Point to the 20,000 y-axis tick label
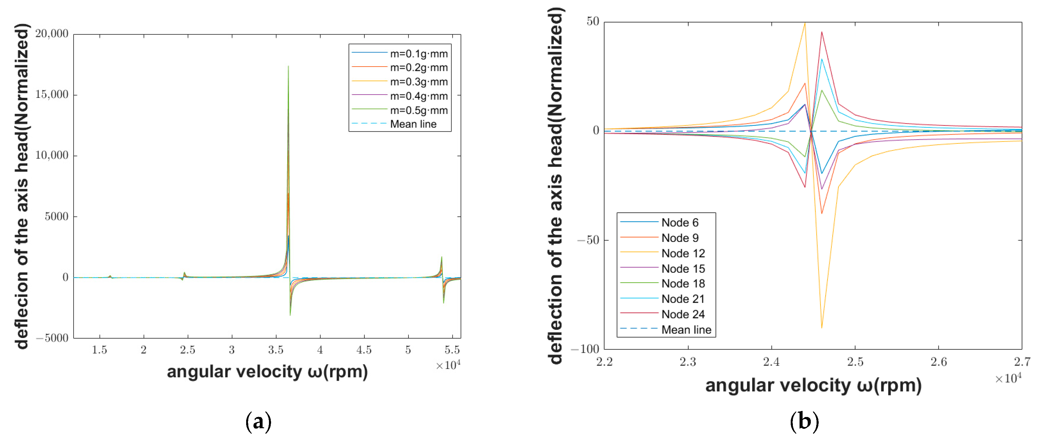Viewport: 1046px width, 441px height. coord(52,34)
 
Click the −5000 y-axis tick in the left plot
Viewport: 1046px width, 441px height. coord(52,338)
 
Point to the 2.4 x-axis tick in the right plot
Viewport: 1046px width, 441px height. coord(771,362)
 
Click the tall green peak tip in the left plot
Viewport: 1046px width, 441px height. coord(288,66)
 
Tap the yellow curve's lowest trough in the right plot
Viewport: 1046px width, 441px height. coord(821,327)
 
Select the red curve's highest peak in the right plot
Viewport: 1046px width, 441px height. coord(821,32)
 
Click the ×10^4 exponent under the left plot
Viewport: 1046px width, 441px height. coord(448,365)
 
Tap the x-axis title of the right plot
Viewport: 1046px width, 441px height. coord(813,385)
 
